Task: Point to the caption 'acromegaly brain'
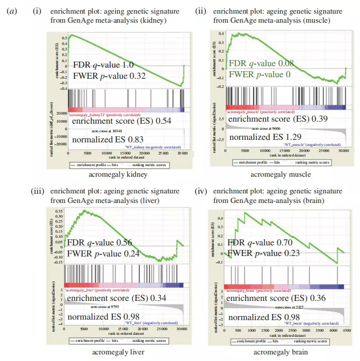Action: [x=283, y=352]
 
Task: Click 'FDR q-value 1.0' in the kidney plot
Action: [x=103, y=65]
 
